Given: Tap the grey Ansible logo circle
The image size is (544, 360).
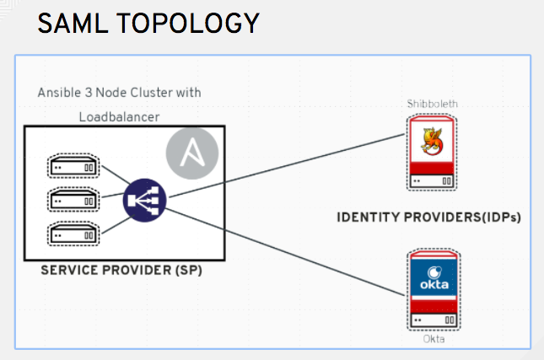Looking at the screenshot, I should (x=192, y=153).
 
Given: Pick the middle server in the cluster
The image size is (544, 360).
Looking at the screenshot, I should (x=73, y=201).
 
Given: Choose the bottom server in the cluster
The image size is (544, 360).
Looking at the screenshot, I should (x=73, y=234).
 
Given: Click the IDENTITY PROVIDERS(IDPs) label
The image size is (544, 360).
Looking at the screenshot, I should (x=428, y=217).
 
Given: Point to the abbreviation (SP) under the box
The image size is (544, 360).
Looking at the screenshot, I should (x=187, y=272).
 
